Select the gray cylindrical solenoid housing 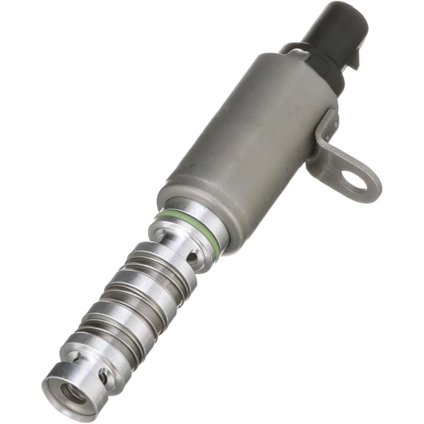point(247,141)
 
